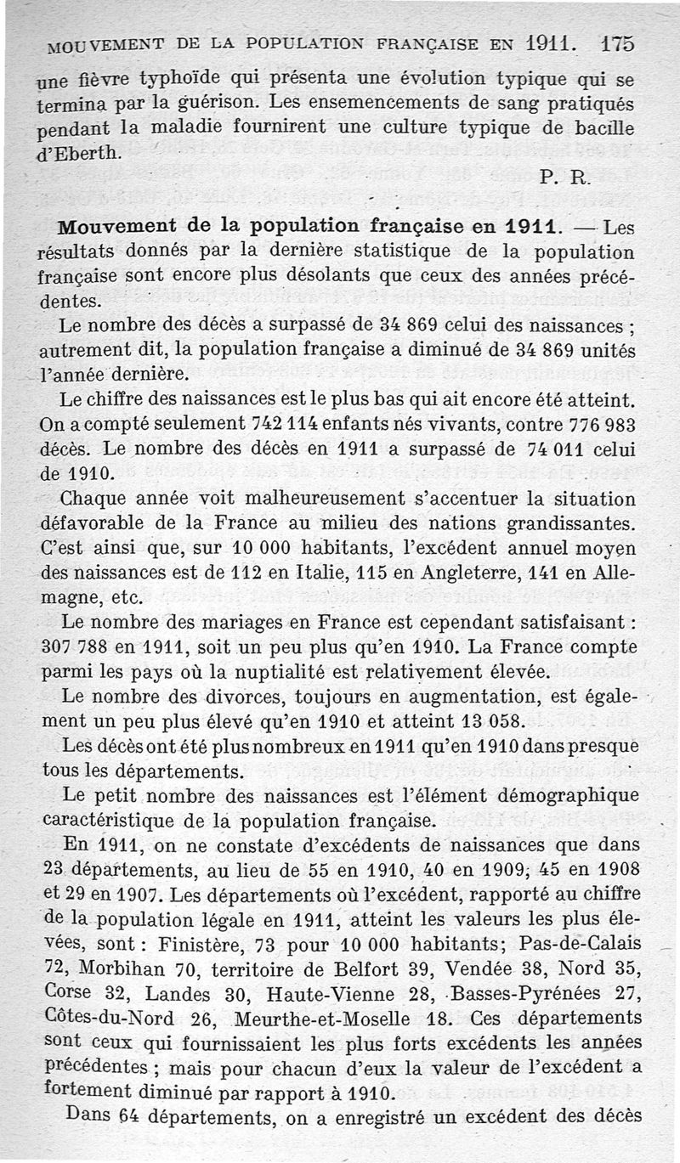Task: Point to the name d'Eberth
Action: tap(82, 154)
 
